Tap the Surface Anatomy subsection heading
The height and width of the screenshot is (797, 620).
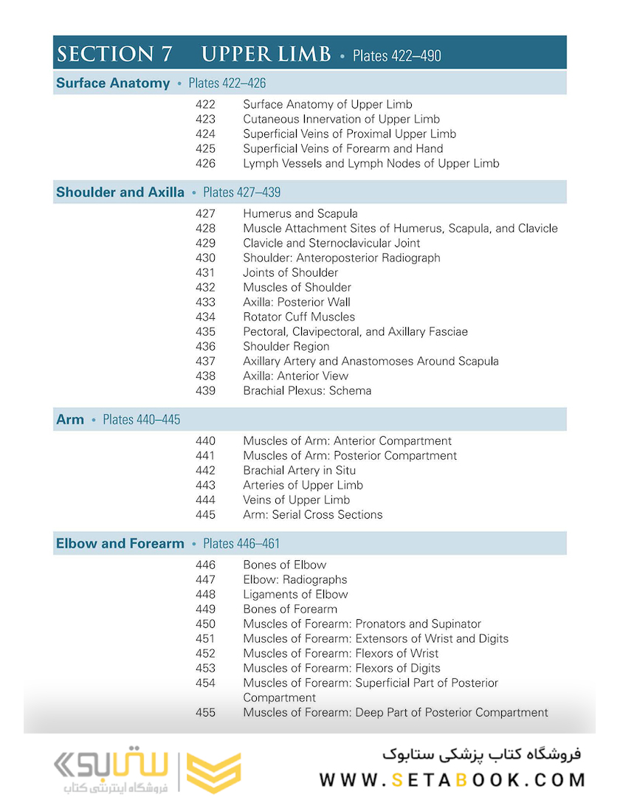113,83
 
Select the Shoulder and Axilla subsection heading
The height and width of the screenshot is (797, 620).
120,193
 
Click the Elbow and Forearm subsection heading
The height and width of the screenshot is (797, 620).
120,544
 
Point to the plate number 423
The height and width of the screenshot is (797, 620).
205,119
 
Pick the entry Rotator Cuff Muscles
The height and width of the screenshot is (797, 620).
299,317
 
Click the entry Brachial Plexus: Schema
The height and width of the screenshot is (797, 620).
307,390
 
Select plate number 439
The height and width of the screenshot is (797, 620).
205,390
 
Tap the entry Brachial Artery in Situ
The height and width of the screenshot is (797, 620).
299,470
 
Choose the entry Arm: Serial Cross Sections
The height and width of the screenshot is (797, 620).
313,514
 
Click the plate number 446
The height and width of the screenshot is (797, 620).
205,565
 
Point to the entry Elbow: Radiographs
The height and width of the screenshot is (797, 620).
294,579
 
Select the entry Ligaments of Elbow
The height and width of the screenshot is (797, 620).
295,594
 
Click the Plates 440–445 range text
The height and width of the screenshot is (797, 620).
141,420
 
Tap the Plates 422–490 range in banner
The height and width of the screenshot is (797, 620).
397,55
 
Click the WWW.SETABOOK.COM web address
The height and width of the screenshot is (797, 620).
452,779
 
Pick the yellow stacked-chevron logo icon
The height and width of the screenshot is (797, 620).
213,773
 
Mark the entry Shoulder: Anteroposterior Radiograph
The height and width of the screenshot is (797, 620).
341,258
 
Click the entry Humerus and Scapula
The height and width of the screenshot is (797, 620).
300,213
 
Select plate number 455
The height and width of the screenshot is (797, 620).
205,712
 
